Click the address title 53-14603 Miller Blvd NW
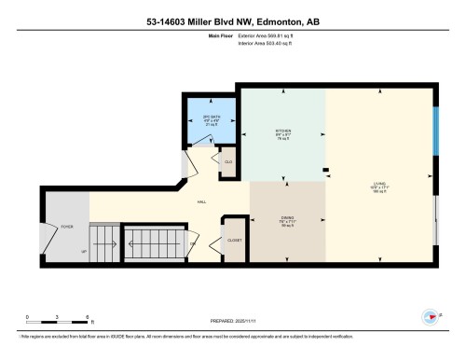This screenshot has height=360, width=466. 233,21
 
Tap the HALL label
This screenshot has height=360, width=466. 202,201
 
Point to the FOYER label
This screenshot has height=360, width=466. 67,227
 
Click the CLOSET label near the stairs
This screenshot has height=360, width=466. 234,240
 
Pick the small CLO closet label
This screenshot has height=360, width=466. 227,160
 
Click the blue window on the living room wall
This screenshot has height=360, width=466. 436,133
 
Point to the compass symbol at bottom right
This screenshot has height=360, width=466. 432,317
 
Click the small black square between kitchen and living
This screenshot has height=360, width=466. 325,170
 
